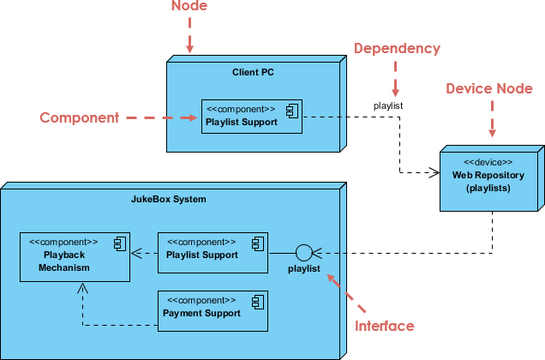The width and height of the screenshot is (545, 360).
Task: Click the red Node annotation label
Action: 189,7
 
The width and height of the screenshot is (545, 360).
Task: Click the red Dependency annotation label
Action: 396,48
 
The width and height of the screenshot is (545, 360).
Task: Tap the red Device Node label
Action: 491,88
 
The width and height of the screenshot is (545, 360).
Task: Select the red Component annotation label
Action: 79,117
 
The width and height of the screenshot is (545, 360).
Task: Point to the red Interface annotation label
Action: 384,326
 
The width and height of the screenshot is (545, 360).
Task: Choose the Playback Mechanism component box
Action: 75,256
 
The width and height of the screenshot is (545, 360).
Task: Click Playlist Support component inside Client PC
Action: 252,116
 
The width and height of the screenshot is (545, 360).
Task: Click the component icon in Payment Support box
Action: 256,301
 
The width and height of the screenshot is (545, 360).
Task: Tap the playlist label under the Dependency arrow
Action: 388,105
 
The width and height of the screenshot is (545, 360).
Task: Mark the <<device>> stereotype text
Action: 488,162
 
